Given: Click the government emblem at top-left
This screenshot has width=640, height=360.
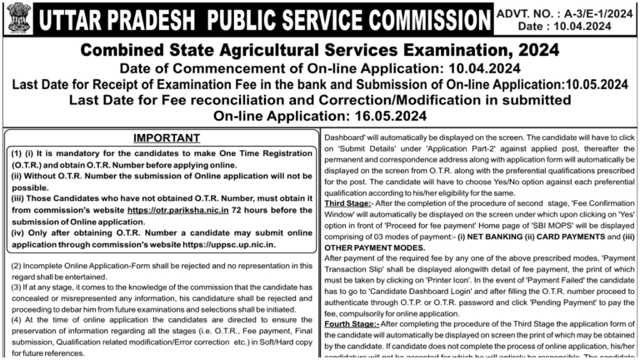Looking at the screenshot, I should (x=16, y=17).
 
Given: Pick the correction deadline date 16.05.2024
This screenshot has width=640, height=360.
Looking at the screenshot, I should (x=385, y=116).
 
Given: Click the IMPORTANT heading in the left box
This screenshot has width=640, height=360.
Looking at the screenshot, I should (x=160, y=138).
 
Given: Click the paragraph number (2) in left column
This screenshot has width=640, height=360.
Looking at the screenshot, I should (x=16, y=265).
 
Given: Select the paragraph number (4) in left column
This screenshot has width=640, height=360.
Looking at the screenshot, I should (x=16, y=319).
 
